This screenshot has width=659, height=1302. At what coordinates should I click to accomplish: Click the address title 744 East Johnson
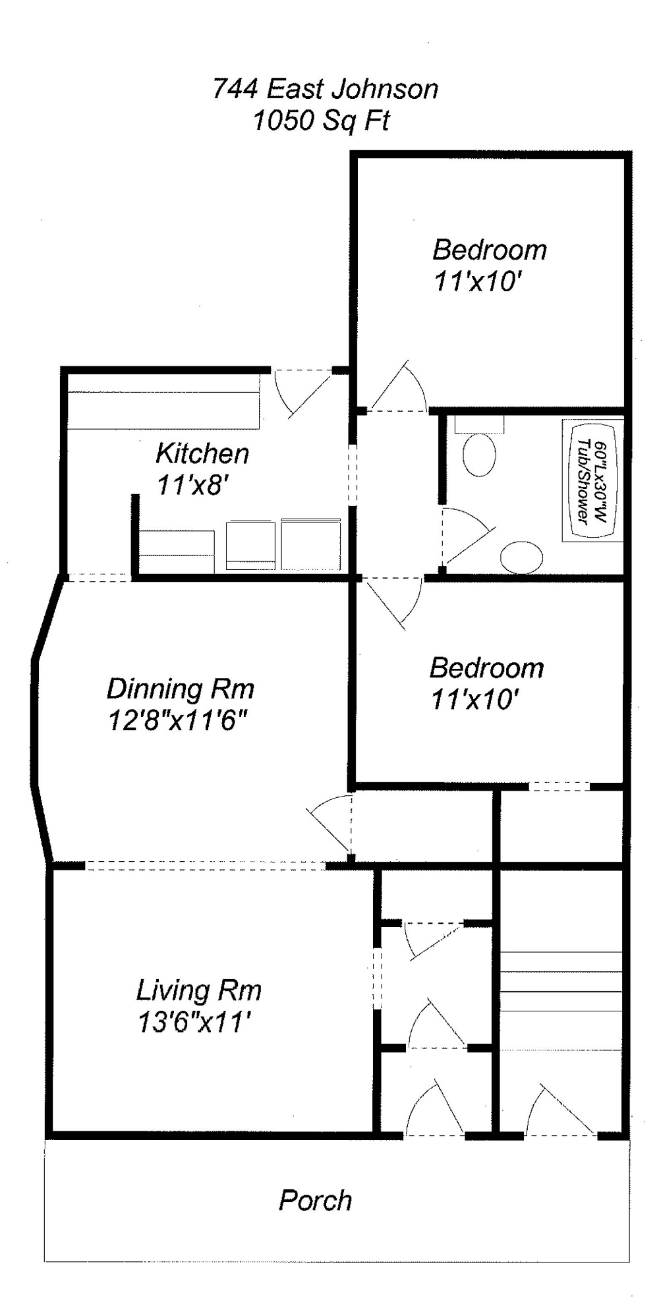(325, 89)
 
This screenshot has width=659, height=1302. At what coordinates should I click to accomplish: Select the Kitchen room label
(202, 453)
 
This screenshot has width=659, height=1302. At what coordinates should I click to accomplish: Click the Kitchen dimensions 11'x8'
(192, 486)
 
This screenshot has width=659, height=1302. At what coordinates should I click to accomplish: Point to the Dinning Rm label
(180, 689)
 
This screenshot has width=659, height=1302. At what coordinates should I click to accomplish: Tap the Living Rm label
(198, 990)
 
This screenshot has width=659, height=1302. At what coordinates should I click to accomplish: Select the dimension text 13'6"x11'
(195, 1023)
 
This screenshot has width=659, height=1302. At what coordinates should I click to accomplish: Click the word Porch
(315, 1201)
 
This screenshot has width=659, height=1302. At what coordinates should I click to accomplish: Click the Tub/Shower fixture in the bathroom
(590, 480)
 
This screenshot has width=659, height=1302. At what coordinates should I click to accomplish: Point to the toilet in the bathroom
(479, 448)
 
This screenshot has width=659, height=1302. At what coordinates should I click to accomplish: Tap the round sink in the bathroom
(521, 557)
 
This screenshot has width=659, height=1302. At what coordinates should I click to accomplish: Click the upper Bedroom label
(489, 250)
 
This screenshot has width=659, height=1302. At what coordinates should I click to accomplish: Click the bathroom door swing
(465, 537)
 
